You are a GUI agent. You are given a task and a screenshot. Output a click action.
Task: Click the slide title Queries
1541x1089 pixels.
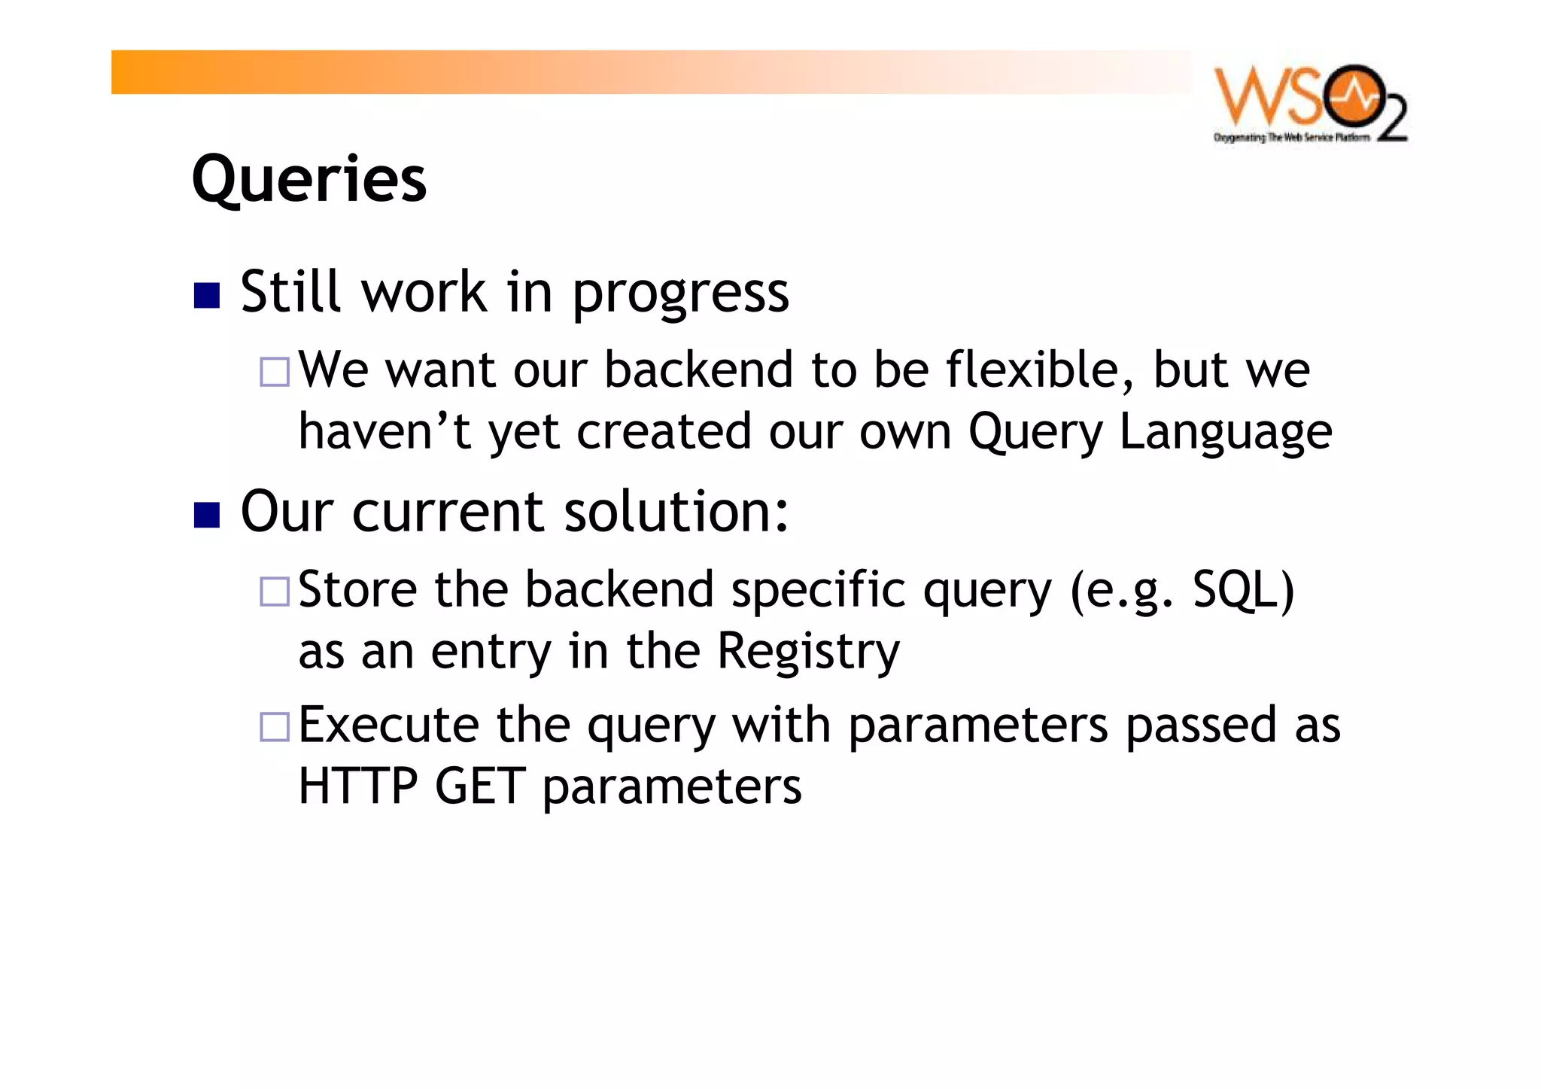pos(309,179)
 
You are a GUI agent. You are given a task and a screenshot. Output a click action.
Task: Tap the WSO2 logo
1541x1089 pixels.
pos(1309,103)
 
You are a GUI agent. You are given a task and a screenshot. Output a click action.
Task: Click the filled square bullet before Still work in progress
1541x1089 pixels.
pos(206,295)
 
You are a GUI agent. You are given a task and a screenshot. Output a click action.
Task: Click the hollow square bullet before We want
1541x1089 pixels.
pos(275,372)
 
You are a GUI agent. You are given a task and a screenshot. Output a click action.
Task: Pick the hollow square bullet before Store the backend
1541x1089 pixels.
pos(275,592)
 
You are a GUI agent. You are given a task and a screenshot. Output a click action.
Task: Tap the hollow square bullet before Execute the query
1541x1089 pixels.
pos(275,727)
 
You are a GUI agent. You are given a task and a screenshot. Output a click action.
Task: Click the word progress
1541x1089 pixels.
pos(680,294)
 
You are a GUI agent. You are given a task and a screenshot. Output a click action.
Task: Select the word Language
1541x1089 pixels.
pos(1225,432)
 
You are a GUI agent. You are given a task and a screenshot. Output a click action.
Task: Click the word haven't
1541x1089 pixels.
pos(384,432)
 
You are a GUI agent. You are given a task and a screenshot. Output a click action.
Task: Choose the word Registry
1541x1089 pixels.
pos(808,652)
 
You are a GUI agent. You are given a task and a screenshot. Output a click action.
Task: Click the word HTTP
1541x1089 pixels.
pos(357,786)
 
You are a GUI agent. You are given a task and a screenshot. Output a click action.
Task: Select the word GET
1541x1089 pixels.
pos(479,786)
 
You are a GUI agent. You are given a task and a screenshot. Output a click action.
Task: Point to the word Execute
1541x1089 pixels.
pos(388,725)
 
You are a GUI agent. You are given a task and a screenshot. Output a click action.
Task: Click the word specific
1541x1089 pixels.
pos(819,591)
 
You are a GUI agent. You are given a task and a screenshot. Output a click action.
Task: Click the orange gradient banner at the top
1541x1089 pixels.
pos(647,72)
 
